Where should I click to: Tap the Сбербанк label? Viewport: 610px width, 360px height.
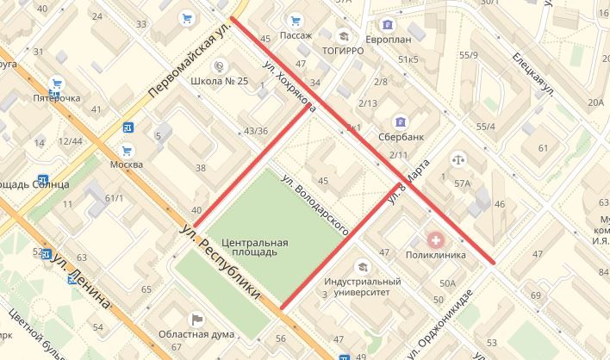[x=401, y=137]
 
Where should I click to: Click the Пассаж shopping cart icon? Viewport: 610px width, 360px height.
[x=296, y=20]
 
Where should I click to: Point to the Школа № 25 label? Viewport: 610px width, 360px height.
[x=220, y=81]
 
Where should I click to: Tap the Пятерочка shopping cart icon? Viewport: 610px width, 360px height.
[x=57, y=84]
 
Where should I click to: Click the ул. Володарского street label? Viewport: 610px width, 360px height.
[x=315, y=205]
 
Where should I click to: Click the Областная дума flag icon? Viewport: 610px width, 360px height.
[x=198, y=320]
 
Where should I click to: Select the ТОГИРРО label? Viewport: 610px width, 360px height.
[x=343, y=51]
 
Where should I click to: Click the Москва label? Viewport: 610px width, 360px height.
[x=127, y=164]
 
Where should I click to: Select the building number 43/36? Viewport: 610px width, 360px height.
[x=256, y=131]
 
